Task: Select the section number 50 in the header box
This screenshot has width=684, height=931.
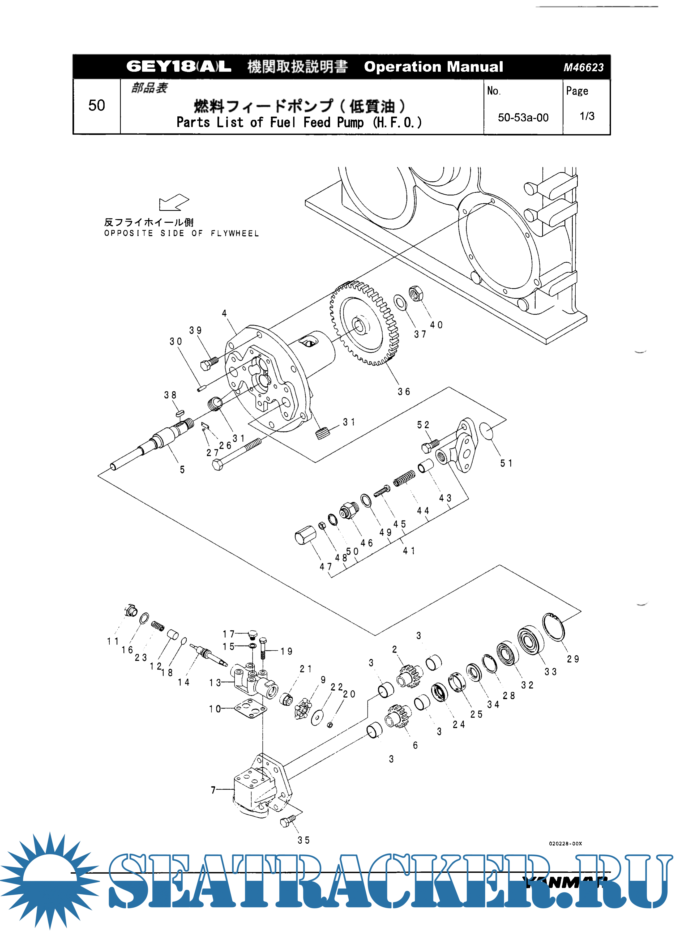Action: [x=96, y=106]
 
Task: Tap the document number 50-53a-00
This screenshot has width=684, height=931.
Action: [x=523, y=118]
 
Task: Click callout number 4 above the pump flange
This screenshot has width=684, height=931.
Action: [x=224, y=313]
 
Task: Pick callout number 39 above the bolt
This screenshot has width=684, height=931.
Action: [x=195, y=330]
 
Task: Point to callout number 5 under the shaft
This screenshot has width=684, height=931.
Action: [x=182, y=469]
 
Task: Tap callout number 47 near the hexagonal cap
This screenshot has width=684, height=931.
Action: [x=326, y=567]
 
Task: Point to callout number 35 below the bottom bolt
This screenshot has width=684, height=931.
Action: [x=303, y=840]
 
